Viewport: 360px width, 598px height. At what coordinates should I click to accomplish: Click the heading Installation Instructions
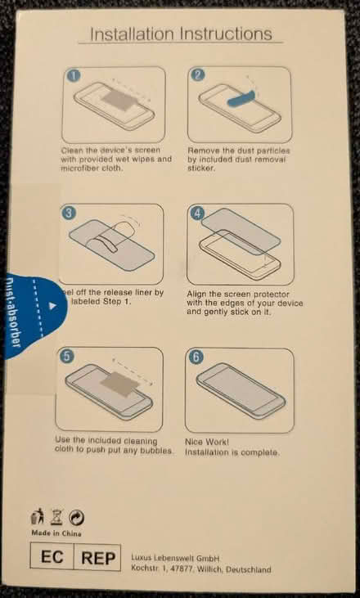(180, 34)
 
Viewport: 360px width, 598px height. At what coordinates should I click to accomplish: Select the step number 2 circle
(197, 75)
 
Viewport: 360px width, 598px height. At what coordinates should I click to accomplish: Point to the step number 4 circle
(196, 214)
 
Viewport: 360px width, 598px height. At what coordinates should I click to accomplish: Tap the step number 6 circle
(196, 357)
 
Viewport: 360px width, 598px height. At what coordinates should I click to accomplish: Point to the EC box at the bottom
(53, 559)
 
